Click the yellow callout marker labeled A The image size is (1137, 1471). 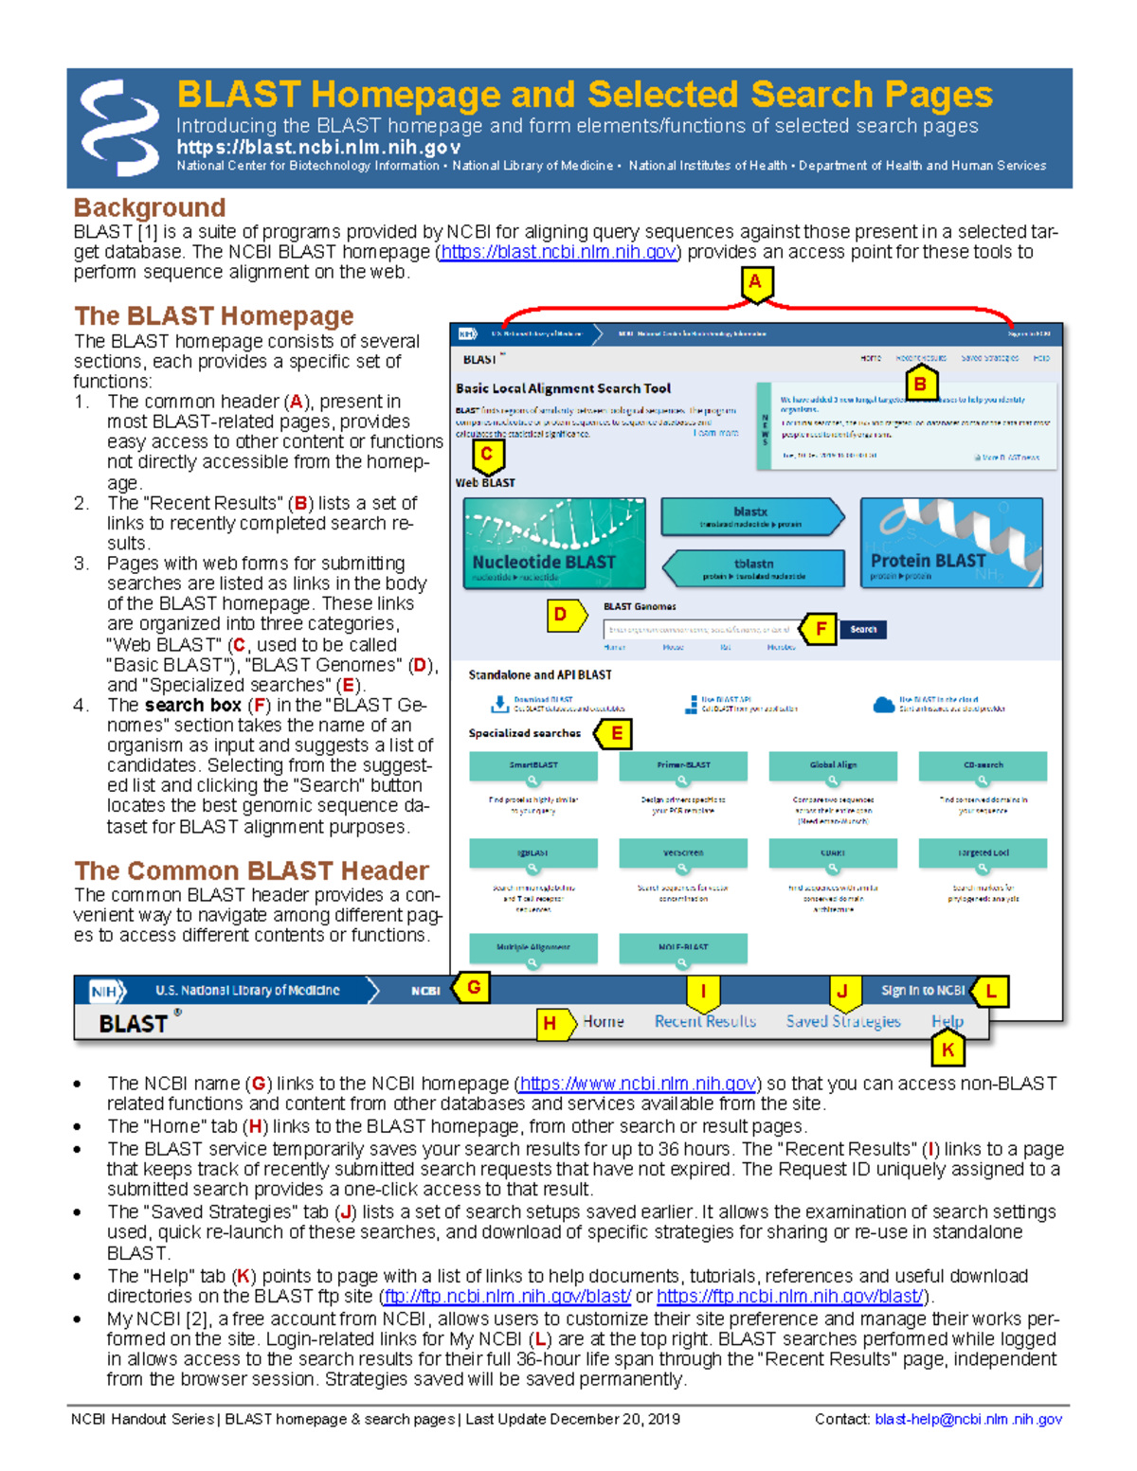click(x=755, y=283)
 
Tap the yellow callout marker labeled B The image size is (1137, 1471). click(x=919, y=385)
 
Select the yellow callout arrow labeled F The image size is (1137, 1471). click(x=820, y=629)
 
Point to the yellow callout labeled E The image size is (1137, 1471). click(x=615, y=733)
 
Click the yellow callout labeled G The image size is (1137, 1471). click(x=472, y=989)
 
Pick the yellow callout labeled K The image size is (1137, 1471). click(x=947, y=1049)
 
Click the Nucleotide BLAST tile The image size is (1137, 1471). click(x=554, y=544)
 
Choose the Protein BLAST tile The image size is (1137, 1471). click(x=951, y=544)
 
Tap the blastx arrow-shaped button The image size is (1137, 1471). click(x=751, y=517)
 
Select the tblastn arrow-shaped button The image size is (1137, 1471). click(x=753, y=568)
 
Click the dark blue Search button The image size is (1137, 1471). click(x=863, y=630)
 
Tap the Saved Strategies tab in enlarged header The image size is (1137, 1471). click(x=843, y=1021)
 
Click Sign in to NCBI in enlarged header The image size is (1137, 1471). click(x=923, y=991)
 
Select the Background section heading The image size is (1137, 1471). click(x=150, y=207)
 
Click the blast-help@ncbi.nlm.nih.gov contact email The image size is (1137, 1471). click(x=967, y=1419)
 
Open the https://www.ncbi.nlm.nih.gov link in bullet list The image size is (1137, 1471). click(x=638, y=1084)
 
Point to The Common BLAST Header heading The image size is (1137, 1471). click(x=251, y=870)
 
